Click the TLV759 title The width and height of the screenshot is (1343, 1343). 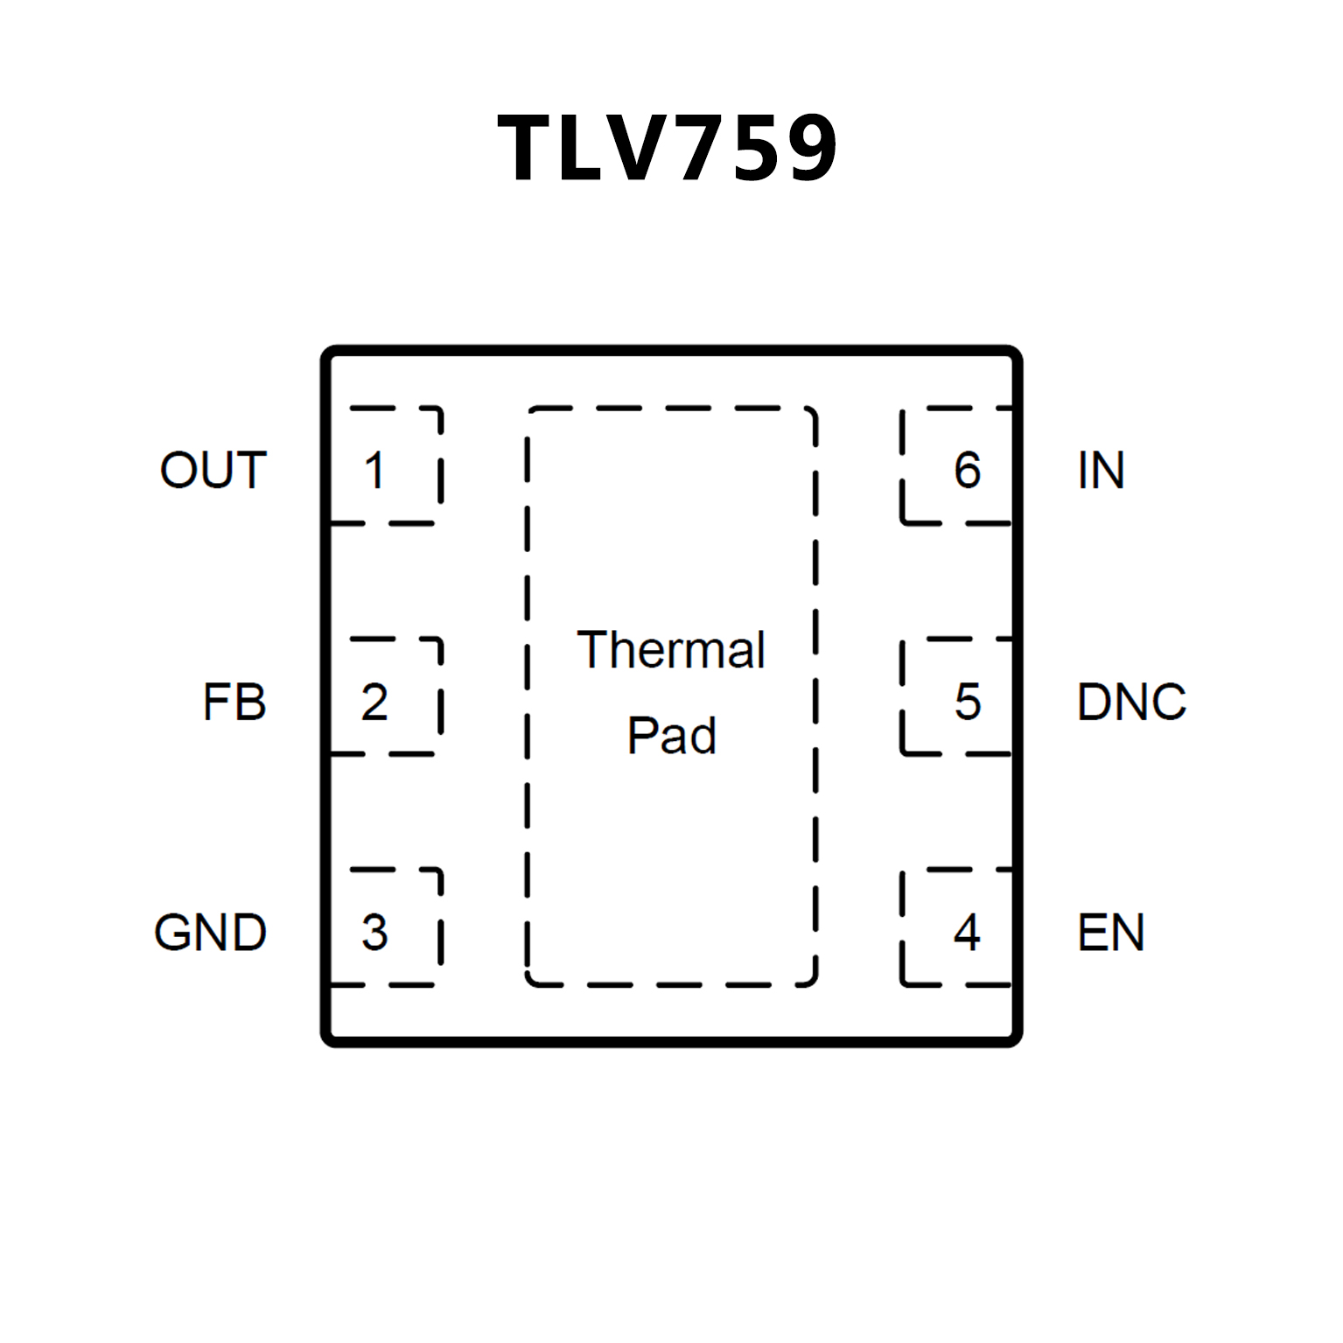pos(668,148)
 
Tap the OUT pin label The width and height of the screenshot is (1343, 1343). pos(213,470)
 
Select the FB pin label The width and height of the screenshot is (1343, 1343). pos(234,702)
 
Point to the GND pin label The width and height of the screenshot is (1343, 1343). pos(210,933)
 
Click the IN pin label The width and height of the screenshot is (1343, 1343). pos(1101,471)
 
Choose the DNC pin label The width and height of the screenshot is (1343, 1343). pos(1131,702)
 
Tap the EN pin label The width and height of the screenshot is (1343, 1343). pos(1110,933)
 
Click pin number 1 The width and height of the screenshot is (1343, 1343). pos(374,471)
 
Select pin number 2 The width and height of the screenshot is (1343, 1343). pos(374,702)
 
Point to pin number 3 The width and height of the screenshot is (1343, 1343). pos(374,933)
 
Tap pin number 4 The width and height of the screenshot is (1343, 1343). pos(967,933)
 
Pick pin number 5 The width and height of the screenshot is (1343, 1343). pos(967,702)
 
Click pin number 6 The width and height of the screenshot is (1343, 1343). pos(967,471)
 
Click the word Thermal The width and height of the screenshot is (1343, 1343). pos(671,650)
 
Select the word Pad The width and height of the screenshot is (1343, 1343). pos(671,735)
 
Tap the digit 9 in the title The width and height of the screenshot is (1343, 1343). pos(809,148)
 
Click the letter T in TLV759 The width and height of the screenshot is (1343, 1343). pos(528,148)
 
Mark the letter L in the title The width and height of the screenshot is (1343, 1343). pos(583,148)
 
